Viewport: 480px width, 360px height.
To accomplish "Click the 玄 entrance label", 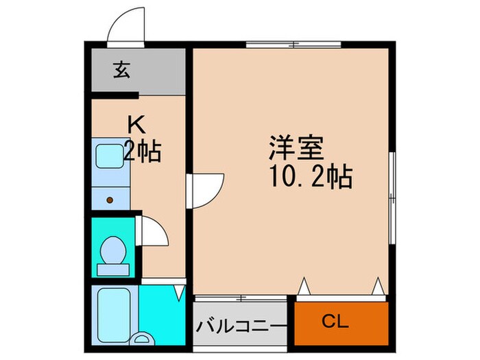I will coord(121,69).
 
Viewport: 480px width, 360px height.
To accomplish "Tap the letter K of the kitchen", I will coord(137,125).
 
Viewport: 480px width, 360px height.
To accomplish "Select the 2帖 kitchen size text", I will coord(142,152).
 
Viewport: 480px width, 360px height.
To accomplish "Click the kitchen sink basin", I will coord(108,157).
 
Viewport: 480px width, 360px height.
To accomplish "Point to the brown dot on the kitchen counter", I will coord(109,200).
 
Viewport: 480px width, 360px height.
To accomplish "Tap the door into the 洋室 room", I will coord(208,188).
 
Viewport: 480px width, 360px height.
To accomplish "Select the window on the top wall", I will coord(293,46).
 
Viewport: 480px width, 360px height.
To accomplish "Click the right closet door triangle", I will coord(377,285).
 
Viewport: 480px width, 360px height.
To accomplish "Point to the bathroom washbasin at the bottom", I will coord(144,339).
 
